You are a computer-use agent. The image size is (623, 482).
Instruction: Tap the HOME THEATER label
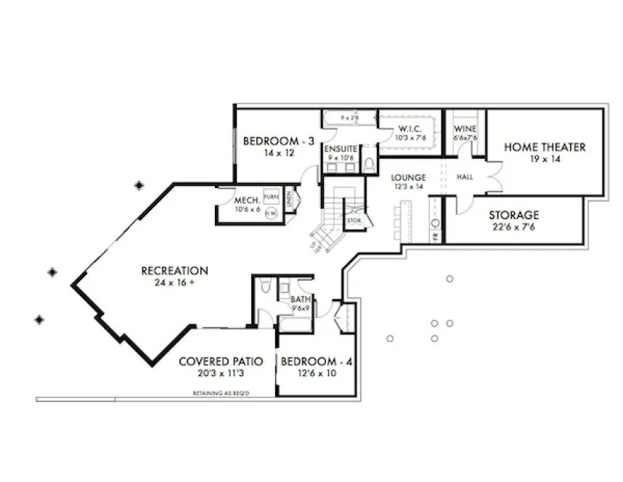pyautogui.click(x=545, y=147)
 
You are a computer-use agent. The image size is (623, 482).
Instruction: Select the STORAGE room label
pyautogui.click(x=513, y=215)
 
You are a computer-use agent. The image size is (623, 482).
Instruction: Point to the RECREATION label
pyautogui.click(x=174, y=271)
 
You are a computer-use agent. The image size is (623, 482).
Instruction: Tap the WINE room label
pyautogui.click(x=465, y=129)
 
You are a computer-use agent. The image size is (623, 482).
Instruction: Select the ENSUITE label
pyautogui.click(x=341, y=149)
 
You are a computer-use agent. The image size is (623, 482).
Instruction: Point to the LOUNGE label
pyautogui.click(x=407, y=177)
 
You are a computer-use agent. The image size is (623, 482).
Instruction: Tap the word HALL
pyautogui.click(x=465, y=177)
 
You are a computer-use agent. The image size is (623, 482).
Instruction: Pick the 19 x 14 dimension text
pyautogui.click(x=545, y=159)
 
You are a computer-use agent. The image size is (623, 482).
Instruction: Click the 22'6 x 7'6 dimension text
pyautogui.click(x=513, y=226)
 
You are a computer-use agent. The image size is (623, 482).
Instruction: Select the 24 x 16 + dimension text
pyautogui.click(x=174, y=283)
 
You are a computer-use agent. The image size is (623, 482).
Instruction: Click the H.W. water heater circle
pyautogui.click(x=271, y=213)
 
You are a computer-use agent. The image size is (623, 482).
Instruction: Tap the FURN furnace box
pyautogui.click(x=271, y=197)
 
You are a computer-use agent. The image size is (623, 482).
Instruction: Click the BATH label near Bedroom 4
pyautogui.click(x=301, y=299)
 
